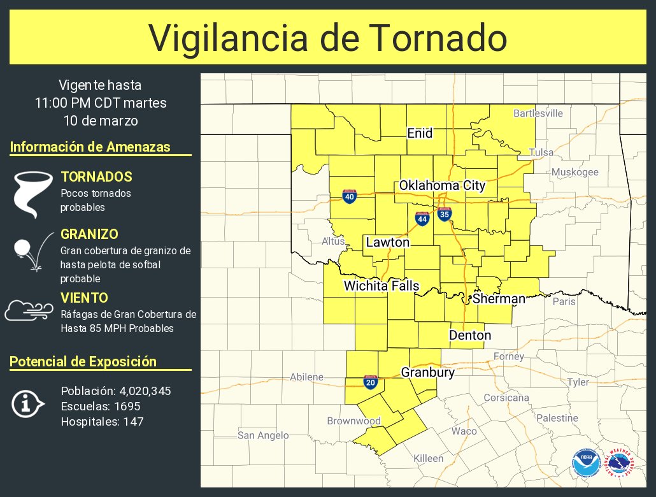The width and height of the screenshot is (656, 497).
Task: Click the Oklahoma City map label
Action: [442, 185]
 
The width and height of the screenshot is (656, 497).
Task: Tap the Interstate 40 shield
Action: [349, 196]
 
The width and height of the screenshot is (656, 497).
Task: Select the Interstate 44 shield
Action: [422, 219]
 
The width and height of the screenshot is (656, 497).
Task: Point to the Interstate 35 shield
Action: [445, 214]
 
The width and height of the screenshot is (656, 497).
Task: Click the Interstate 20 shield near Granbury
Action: [370, 382]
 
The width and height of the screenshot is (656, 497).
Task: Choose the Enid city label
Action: [420, 133]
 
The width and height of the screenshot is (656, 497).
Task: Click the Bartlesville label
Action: [538, 113]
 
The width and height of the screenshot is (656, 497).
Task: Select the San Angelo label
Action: [263, 435]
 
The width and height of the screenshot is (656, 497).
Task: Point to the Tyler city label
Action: [578, 382]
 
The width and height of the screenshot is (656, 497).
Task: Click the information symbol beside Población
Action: [27, 404]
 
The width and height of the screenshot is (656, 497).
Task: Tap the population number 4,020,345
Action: [145, 391]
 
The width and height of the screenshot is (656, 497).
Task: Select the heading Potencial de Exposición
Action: [83, 361]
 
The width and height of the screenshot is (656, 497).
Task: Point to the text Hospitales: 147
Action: [102, 421]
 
